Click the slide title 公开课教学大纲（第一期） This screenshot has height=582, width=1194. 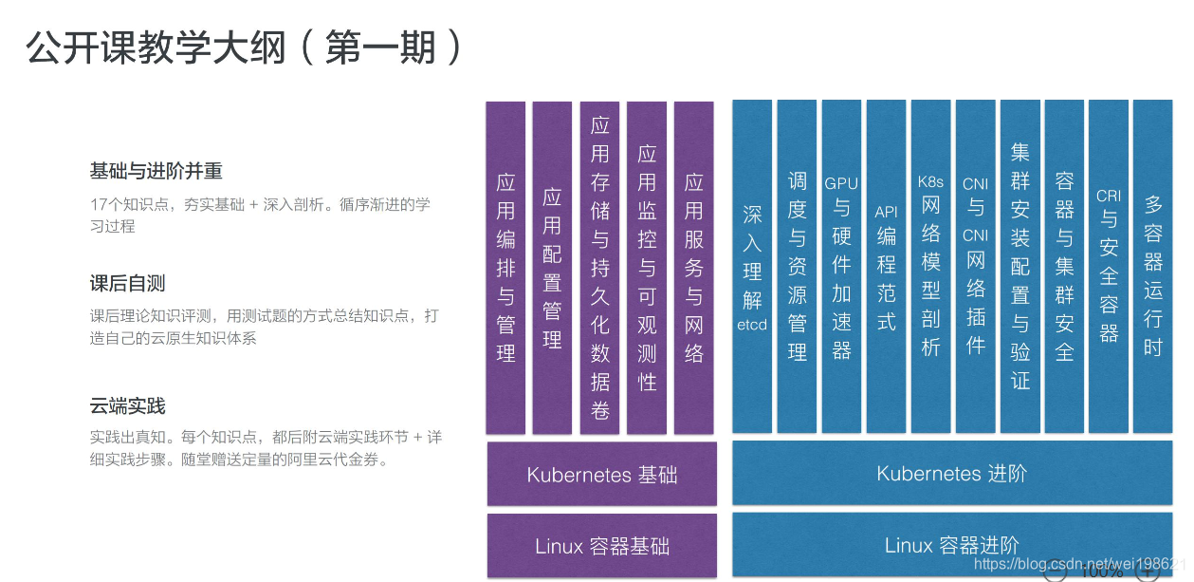(x=245, y=47)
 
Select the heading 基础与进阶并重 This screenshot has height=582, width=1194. (x=156, y=172)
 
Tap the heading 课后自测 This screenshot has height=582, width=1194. (x=128, y=284)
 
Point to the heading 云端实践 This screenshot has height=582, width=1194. (x=128, y=406)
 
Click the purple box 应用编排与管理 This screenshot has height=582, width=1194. (x=505, y=268)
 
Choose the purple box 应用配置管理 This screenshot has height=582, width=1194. (x=552, y=268)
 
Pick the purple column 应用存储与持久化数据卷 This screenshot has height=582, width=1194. (x=599, y=268)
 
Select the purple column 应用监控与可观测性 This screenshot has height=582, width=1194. (x=647, y=268)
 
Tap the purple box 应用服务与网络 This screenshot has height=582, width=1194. (x=694, y=268)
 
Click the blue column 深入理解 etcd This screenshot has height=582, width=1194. (x=752, y=268)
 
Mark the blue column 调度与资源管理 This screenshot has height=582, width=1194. (x=797, y=268)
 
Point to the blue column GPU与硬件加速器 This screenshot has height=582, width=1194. (x=841, y=268)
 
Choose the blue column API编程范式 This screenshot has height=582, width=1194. (x=886, y=268)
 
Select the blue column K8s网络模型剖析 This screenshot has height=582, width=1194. (x=930, y=268)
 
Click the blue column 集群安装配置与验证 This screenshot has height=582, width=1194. (x=1019, y=268)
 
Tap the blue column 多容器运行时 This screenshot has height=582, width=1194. (x=1153, y=268)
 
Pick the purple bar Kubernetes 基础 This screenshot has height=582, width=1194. (x=602, y=474)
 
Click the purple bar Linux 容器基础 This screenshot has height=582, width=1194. (x=602, y=546)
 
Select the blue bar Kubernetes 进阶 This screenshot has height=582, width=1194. (x=952, y=473)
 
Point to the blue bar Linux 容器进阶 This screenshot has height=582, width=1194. (x=952, y=545)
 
